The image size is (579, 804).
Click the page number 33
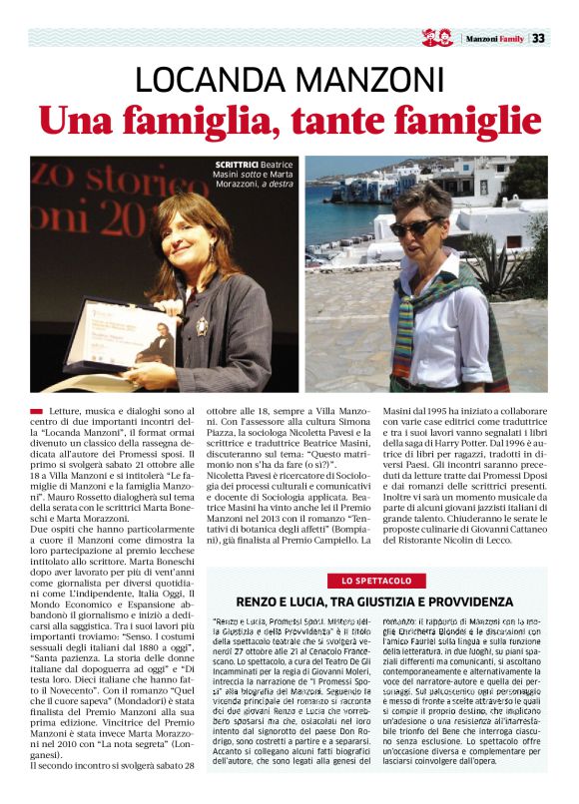click(538, 39)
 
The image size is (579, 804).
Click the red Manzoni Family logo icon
click(437, 38)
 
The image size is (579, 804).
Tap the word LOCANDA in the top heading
click(212, 80)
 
